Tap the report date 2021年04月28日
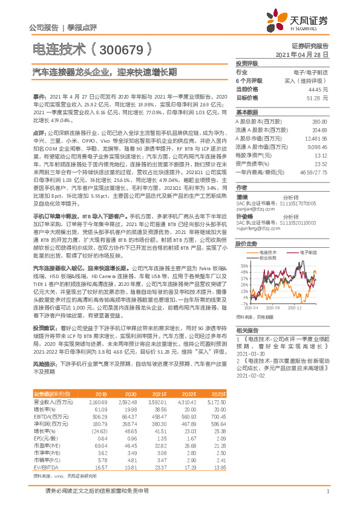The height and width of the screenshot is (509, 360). pyautogui.click(x=306, y=54)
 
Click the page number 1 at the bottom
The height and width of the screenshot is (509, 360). pyautogui.click(x=327, y=490)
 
